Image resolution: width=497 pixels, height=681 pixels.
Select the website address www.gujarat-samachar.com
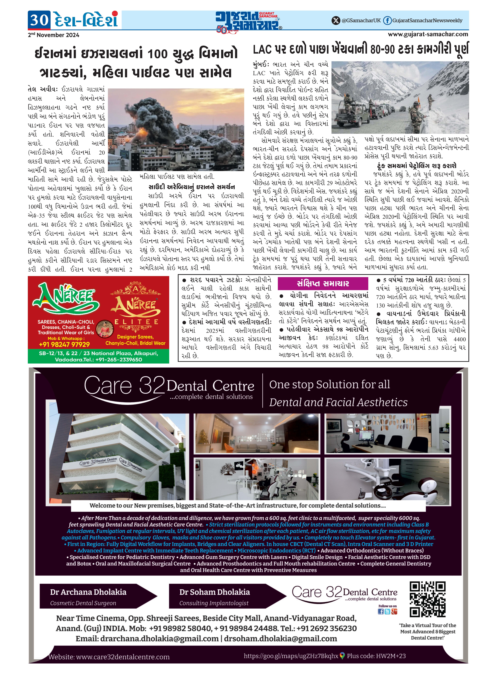[x=428, y=34]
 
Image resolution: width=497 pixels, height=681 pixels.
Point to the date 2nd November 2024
[x=54, y=35]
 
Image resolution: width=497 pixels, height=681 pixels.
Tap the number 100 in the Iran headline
[x=158, y=54]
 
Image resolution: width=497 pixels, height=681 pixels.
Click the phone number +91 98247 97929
[x=64, y=344]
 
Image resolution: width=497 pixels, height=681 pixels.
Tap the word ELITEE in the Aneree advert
[x=136, y=322]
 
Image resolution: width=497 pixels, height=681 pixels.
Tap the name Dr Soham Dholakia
[x=215, y=592]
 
